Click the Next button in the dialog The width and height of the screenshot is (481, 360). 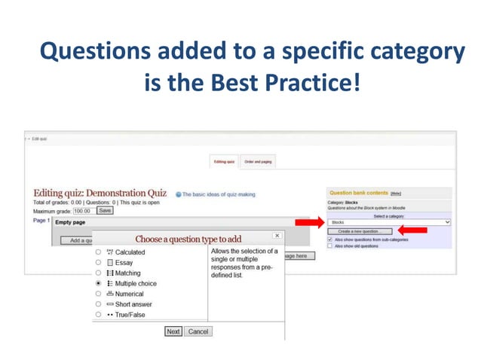173,331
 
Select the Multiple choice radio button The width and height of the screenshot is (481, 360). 99,283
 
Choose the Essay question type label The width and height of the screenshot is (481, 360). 124,262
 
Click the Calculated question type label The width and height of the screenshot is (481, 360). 130,252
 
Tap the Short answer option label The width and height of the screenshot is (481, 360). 134,304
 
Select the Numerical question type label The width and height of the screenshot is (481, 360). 129,294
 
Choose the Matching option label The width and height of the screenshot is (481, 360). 127,273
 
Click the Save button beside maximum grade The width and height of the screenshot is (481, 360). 105,211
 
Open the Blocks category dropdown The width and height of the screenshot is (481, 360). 389,223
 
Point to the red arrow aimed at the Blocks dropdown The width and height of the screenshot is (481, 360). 309,223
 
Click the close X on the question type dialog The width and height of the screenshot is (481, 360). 277,236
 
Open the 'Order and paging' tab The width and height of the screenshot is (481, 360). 258,161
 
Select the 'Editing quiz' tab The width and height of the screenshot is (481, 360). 225,161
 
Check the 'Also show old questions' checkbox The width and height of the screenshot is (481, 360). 330,246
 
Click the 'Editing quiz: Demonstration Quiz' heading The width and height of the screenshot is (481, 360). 100,194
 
